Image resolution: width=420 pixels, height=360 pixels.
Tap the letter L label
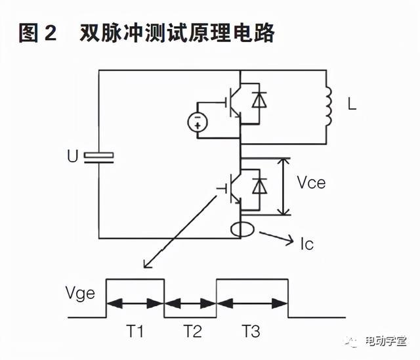click(352, 104)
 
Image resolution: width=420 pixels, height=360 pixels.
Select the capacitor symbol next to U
click(99, 156)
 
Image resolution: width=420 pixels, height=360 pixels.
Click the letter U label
click(72, 157)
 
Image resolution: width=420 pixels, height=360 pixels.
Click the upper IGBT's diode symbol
click(261, 100)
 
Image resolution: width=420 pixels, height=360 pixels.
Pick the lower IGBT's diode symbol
click(261, 186)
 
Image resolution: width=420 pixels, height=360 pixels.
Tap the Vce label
click(311, 183)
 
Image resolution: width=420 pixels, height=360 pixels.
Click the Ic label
click(306, 244)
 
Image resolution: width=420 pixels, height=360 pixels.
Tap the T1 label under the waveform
click(135, 332)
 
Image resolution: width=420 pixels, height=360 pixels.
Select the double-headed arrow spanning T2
click(191, 304)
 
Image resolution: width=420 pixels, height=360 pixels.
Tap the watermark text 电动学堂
click(387, 342)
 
